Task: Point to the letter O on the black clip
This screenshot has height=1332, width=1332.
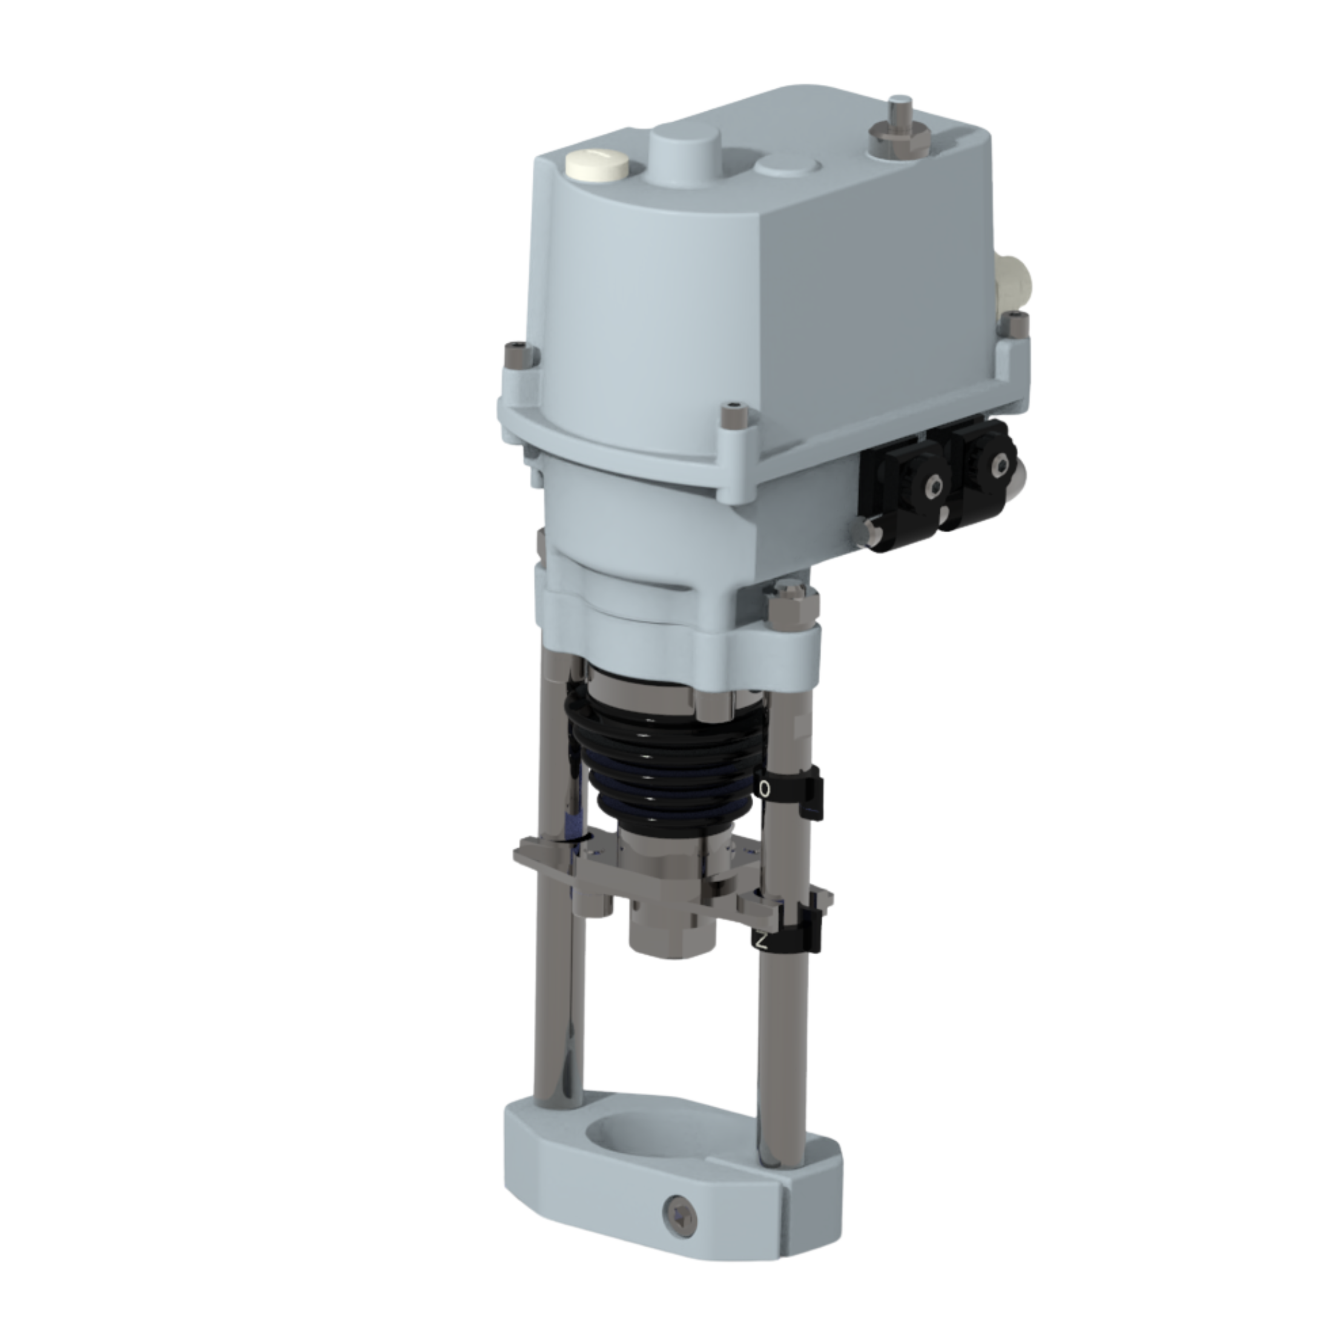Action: pyautogui.click(x=765, y=788)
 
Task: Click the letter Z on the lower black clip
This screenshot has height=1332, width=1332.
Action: pyautogui.click(x=761, y=940)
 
